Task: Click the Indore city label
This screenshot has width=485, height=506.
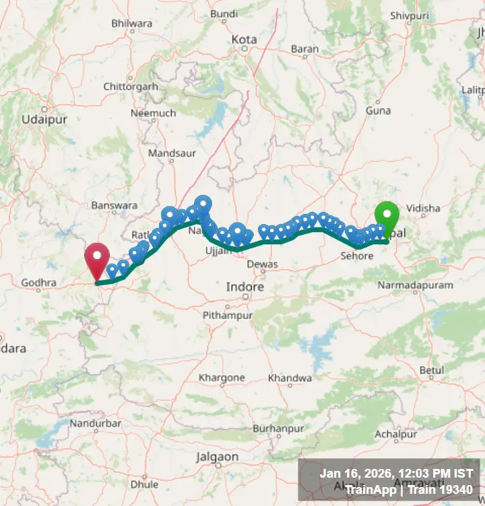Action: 245,287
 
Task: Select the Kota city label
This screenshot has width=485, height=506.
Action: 244,40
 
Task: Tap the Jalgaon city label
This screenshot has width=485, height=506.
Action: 217,457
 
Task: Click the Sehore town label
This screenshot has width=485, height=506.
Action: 356,256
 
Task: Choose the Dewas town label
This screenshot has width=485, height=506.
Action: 262,264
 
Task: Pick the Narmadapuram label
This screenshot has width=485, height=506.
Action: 415,285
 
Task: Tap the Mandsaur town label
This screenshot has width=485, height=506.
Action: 172,153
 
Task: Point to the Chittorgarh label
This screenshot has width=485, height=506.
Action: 131,86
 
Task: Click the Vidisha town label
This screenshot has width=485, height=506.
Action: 423,209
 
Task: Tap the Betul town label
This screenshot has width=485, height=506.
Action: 432,370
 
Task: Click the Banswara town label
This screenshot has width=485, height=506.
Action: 115,205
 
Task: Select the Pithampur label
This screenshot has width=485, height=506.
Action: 228,315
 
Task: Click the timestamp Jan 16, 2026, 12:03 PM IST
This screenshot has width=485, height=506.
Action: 396,474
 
